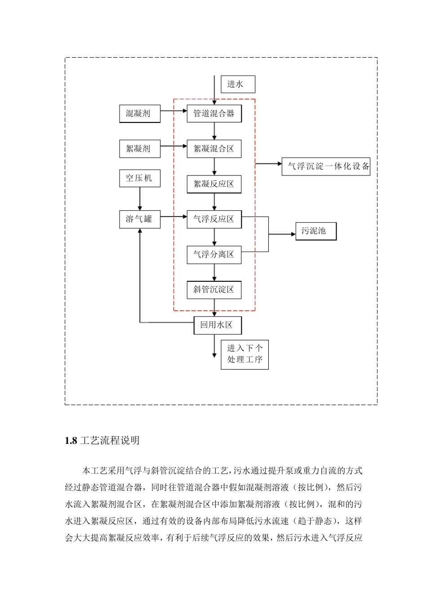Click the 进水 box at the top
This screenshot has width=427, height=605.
(238, 84)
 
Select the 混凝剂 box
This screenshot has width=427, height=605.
(140, 113)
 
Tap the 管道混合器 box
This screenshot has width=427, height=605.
(214, 113)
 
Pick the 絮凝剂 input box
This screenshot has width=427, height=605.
(140, 149)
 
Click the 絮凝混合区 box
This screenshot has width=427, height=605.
(214, 149)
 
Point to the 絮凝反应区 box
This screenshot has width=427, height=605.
(214, 184)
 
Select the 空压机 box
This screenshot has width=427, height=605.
(140, 178)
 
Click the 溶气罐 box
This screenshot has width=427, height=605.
(140, 219)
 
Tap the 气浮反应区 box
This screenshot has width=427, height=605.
(214, 219)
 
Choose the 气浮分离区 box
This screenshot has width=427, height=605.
(214, 254)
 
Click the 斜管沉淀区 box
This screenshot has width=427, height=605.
(214, 289)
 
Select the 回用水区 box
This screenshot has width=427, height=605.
(218, 325)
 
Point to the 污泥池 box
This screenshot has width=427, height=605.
(316, 231)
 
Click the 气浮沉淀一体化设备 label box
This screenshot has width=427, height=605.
(326, 166)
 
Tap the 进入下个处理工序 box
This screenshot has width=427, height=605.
(245, 354)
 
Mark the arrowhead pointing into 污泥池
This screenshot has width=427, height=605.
(293, 234)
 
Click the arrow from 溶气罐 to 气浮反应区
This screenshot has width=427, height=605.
(173, 217)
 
